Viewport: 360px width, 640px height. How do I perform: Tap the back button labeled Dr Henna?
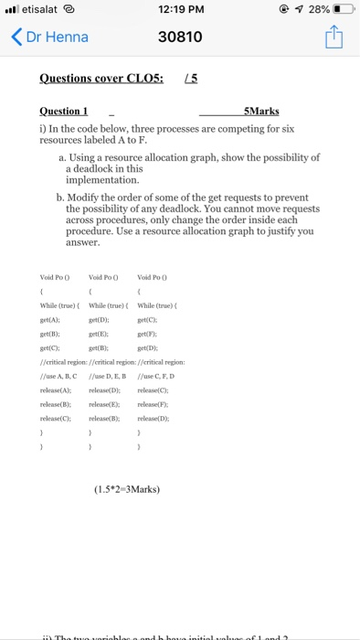[50, 38]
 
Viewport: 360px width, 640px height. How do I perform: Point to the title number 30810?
[180, 38]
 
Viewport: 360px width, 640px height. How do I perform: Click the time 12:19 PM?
[179, 9]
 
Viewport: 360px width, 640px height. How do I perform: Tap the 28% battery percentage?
[317, 9]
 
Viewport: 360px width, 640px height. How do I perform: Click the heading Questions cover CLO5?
[101, 78]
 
